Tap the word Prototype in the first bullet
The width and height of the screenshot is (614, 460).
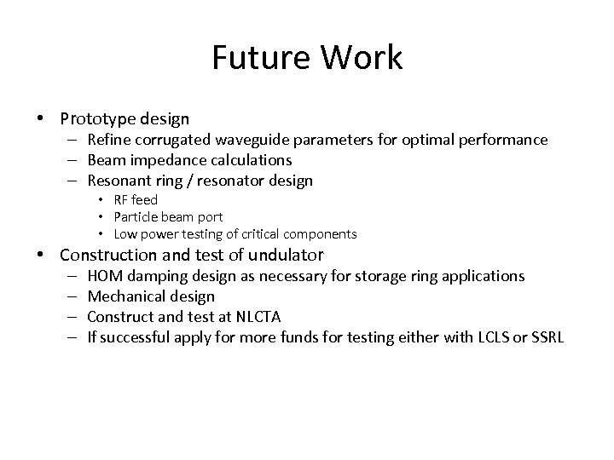[94, 118]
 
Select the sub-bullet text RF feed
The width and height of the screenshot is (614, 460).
[136, 199]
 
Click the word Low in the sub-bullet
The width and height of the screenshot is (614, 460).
[125, 233]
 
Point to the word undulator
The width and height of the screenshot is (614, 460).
[286, 255]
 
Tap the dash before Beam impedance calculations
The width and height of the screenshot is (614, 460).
[73, 160]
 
